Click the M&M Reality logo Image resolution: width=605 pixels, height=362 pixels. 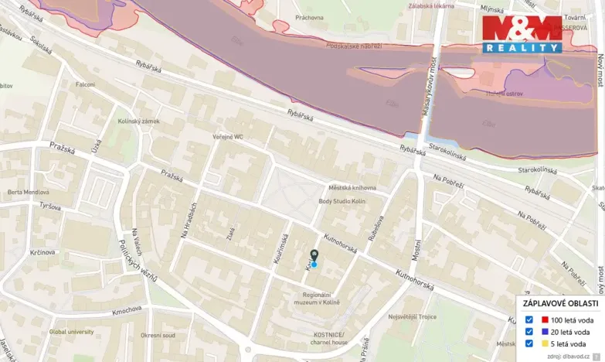tap(522, 33)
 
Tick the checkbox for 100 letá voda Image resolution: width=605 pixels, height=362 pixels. tap(529, 319)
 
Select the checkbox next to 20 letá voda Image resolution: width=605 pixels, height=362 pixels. tap(529, 332)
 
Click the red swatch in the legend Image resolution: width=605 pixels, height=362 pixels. tap(545, 319)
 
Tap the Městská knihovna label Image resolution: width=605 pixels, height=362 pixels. tap(352, 187)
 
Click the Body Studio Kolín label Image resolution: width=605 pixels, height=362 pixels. tap(342, 202)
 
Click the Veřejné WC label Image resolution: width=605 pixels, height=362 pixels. tap(228, 137)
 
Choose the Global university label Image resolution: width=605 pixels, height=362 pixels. tap(72, 332)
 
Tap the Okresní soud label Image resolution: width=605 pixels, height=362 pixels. tap(158, 336)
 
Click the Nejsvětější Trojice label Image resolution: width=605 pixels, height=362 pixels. tap(412, 316)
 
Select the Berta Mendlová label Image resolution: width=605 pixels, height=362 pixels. tap(28, 192)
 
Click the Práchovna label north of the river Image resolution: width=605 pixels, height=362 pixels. tap(309, 17)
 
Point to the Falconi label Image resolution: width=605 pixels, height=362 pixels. tap(85, 84)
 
